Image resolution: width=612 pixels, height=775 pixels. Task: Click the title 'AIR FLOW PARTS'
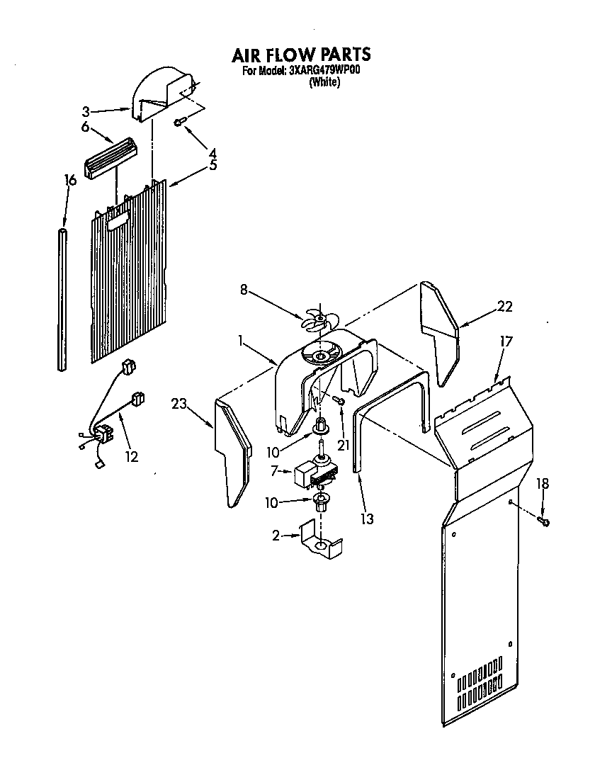tap(301, 55)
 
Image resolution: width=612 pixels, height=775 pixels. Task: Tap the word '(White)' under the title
tap(324, 82)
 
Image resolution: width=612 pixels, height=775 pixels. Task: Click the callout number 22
tap(504, 307)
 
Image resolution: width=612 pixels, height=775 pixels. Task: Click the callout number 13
tap(366, 519)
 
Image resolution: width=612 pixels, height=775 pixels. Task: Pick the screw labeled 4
tap(179, 123)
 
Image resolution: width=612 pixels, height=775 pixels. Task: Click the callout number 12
tap(131, 456)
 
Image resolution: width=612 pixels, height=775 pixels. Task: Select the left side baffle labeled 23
tap(232, 453)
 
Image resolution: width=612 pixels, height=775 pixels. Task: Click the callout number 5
tap(212, 166)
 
